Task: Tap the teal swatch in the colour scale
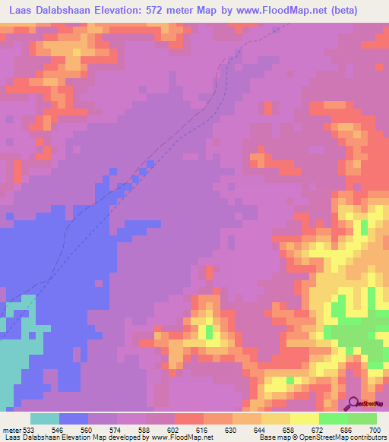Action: (45, 418)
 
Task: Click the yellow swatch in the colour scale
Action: (305, 418)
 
